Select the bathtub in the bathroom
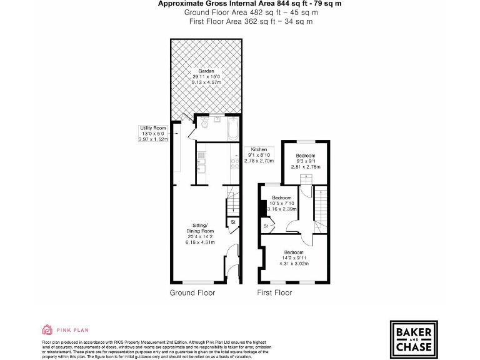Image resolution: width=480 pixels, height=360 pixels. (232, 128)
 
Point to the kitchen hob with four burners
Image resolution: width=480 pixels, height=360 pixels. (233, 164)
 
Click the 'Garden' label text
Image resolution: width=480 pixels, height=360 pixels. (206, 71)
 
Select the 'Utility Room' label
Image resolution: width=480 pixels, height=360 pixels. (153, 127)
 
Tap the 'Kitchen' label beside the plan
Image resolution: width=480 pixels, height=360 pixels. (259, 150)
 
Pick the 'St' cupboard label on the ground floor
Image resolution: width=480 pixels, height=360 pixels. (232, 222)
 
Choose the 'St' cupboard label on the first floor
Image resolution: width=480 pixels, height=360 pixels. (266, 226)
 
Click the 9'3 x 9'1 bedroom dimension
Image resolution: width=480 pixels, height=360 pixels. (306, 161)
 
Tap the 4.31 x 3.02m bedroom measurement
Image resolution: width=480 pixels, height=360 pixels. (293, 263)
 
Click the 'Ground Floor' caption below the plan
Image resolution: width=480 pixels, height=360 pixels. (192, 292)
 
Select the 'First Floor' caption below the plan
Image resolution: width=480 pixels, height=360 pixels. (275, 292)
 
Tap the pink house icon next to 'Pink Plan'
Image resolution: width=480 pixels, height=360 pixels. (47, 329)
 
